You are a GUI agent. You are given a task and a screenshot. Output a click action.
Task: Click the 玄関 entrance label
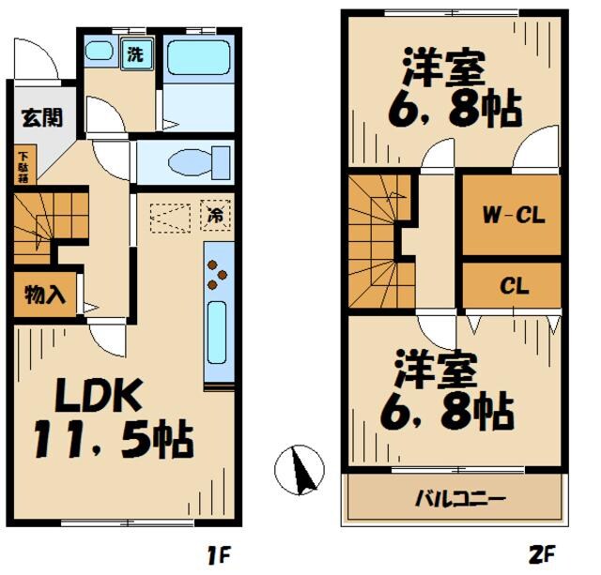(x=41, y=118)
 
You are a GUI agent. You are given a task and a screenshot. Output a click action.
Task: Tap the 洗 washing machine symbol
(x=135, y=53)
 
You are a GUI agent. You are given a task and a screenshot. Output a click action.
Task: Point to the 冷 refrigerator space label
(x=215, y=215)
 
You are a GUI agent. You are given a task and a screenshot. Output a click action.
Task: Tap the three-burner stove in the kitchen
(x=216, y=271)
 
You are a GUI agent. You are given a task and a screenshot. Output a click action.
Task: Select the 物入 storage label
(x=44, y=295)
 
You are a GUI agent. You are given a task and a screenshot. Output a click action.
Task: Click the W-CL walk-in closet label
(x=513, y=215)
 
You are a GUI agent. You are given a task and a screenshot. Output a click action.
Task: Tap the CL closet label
(x=513, y=285)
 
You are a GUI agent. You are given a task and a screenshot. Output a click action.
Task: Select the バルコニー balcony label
(x=460, y=497)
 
